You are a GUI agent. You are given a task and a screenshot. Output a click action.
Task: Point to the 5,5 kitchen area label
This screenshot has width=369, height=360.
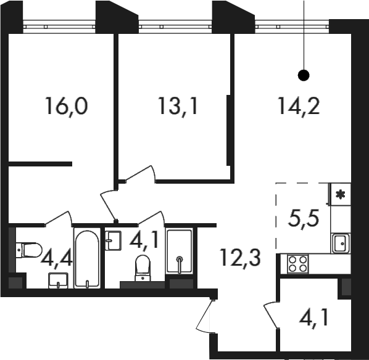pyautogui.click(x=304, y=219)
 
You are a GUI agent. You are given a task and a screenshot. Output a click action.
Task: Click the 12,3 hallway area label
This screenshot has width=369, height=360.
pyautogui.click(x=241, y=258)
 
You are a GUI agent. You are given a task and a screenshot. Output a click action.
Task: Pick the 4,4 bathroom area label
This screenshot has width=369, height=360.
pyautogui.click(x=57, y=258)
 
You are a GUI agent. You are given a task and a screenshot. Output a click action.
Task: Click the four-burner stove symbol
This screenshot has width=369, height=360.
pyautogui.click(x=297, y=264)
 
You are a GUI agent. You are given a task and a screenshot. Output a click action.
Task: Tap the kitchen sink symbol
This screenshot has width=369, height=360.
pyautogui.click(x=341, y=243)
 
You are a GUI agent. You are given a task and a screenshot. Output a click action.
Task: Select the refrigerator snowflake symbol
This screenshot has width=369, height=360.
pyautogui.click(x=340, y=194)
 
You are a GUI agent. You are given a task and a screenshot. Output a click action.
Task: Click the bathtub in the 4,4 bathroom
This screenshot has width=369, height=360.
pyautogui.click(x=87, y=258)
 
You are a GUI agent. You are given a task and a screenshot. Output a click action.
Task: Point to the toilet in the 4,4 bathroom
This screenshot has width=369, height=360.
pyautogui.click(x=29, y=250)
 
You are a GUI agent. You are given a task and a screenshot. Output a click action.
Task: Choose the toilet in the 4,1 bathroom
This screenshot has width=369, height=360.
pyautogui.click(x=143, y=268)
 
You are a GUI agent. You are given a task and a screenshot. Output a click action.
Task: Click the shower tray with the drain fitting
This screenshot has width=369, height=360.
pyautogui.click(x=180, y=251)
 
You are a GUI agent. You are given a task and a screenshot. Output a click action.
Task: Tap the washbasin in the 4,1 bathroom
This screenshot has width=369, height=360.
pyautogui.click(x=113, y=240)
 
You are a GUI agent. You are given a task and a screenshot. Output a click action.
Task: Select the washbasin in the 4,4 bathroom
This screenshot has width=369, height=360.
pyautogui.click(x=58, y=280)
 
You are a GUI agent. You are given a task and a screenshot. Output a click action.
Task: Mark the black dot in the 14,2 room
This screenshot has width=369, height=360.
pyautogui.click(x=304, y=75)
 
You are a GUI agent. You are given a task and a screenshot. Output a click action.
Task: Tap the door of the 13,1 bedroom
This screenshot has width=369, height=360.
pyautogui.click(x=141, y=174)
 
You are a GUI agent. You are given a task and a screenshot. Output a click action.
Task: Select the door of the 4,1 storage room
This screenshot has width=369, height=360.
pyautogui.click(x=272, y=315)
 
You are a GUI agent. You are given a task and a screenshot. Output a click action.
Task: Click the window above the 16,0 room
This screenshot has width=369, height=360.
pyautogui.click(x=59, y=27)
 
